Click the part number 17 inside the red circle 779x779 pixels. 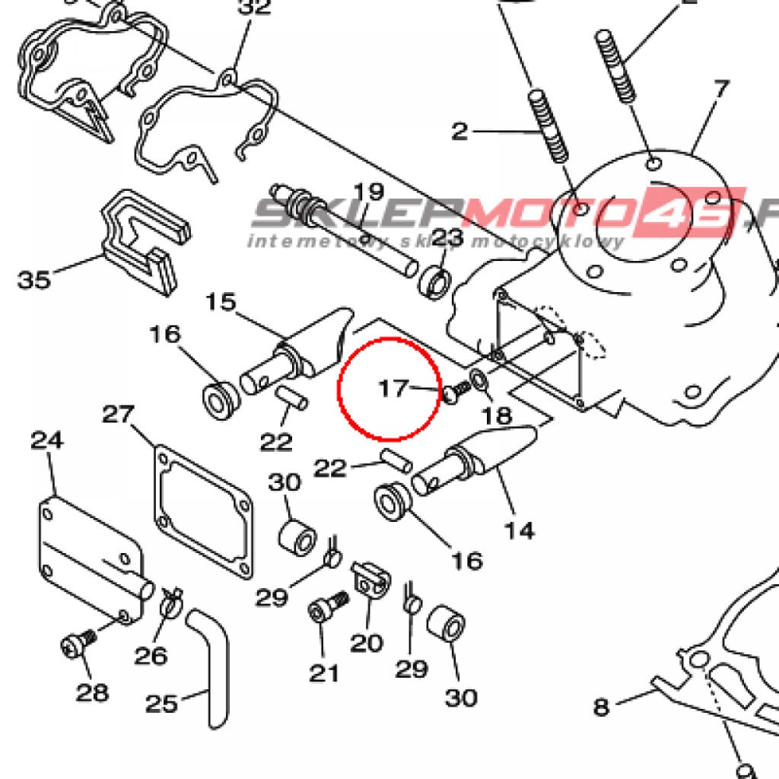394,389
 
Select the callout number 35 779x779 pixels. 34,279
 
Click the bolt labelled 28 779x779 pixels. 74,647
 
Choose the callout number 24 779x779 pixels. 47,440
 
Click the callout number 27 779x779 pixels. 119,415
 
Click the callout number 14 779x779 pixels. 520,529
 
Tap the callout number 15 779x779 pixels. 221,303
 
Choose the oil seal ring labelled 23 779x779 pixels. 435,283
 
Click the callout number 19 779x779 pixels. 369,192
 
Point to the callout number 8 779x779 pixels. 601,707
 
